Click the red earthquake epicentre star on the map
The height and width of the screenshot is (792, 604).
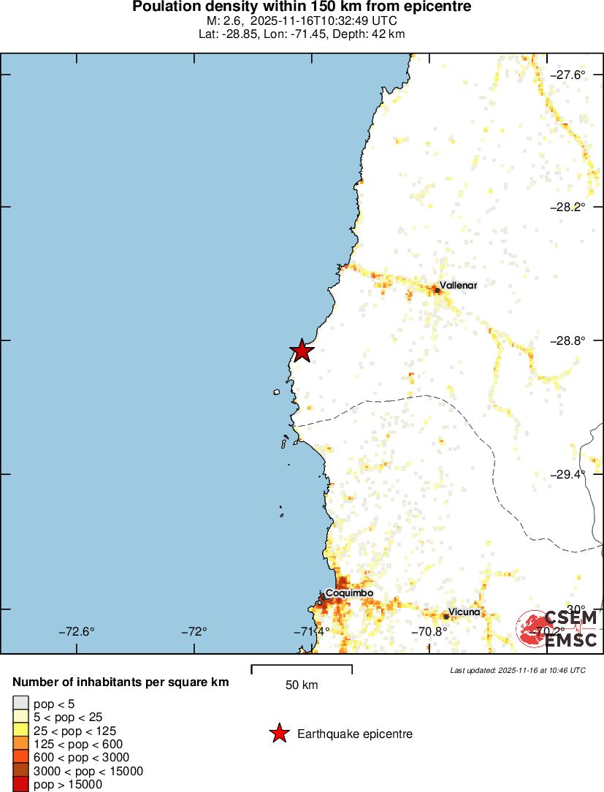pyautogui.click(x=301, y=351)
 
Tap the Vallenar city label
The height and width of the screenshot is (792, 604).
pyautogui.click(x=458, y=286)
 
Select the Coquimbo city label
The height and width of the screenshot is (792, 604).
pyautogui.click(x=349, y=593)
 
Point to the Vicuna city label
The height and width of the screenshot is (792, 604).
pyautogui.click(x=465, y=612)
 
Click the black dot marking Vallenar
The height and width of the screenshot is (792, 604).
pyautogui.click(x=437, y=291)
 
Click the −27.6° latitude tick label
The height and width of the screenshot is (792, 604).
pyautogui.click(x=567, y=75)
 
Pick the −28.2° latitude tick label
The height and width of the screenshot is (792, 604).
pyautogui.click(x=567, y=207)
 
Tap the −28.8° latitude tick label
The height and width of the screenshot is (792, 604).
pyautogui.click(x=567, y=340)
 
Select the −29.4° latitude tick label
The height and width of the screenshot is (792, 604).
pyautogui.click(x=567, y=474)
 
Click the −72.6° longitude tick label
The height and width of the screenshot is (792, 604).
pyautogui.click(x=77, y=632)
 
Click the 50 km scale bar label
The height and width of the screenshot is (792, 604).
pyautogui.click(x=302, y=685)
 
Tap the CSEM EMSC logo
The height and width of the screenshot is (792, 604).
pyautogui.click(x=559, y=628)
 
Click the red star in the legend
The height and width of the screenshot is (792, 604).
pyautogui.click(x=279, y=734)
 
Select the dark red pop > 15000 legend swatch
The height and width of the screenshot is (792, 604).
pyautogui.click(x=20, y=785)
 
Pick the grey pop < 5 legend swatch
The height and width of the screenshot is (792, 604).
pyautogui.click(x=20, y=703)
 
